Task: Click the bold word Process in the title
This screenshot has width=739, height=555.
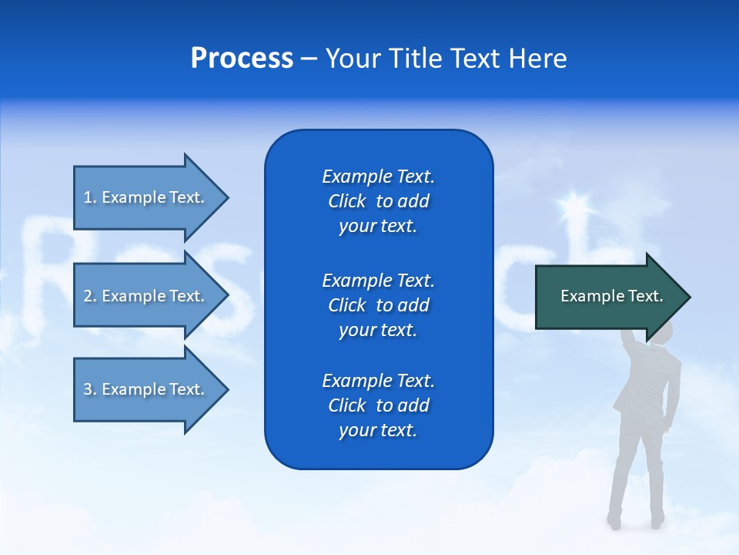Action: click(x=242, y=59)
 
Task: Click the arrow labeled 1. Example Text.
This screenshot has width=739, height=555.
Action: click(x=146, y=197)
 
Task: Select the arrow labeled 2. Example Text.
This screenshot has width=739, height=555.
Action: click(x=146, y=296)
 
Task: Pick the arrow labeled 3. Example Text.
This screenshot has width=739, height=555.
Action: click(x=146, y=389)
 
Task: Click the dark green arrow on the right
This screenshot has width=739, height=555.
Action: click(x=608, y=297)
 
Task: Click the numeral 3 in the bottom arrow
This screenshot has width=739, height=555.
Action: click(x=87, y=390)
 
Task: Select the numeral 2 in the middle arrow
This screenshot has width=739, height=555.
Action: click(x=87, y=296)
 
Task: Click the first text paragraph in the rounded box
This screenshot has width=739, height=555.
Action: click(x=378, y=201)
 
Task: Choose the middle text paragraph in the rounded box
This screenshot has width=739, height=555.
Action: click(x=378, y=304)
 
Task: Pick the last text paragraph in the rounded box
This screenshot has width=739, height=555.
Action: click(x=378, y=405)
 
